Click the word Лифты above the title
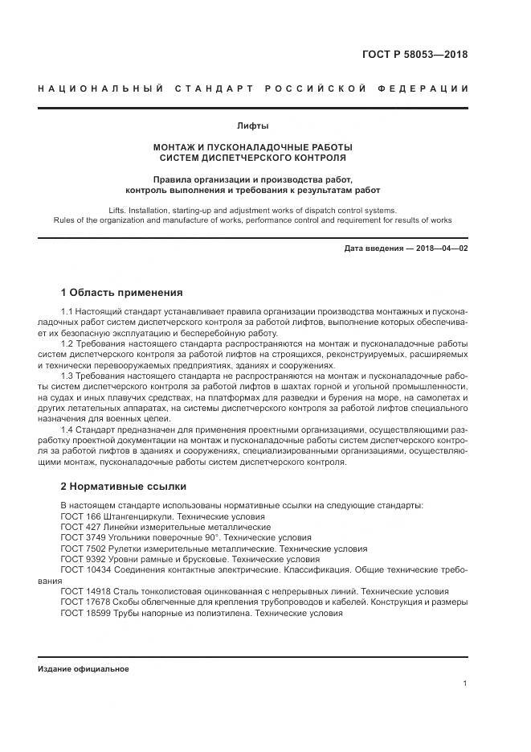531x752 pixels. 253,125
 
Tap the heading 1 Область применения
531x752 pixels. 122,292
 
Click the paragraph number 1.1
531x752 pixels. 68,310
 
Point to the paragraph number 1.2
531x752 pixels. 68,343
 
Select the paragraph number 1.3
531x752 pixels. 68,376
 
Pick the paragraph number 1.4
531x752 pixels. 68,429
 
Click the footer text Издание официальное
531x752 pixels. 84,669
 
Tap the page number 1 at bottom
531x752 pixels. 465,683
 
